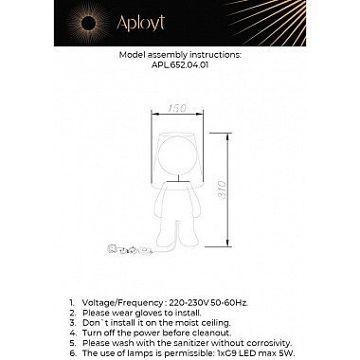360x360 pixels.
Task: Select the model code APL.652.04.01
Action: click(180, 66)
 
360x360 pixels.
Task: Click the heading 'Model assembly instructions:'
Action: click(180, 56)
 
